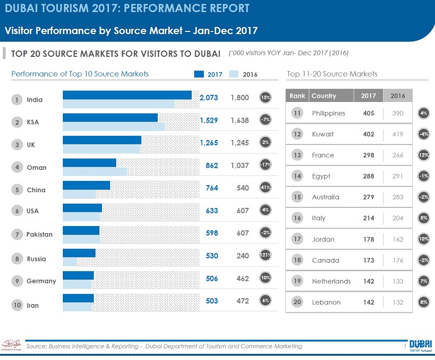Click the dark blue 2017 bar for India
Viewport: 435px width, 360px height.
(127, 95)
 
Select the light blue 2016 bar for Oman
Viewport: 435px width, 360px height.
(95, 171)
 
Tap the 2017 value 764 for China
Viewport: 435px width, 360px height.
(212, 188)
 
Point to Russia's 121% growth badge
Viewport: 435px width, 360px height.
(265, 256)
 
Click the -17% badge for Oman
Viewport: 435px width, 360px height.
(265, 165)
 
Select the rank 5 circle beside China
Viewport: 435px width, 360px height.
(17, 190)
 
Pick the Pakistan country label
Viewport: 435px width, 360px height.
(40, 234)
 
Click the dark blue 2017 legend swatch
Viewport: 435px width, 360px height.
(199, 75)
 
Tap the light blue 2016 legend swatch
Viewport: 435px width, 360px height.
(234, 75)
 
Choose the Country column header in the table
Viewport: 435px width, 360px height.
(324, 96)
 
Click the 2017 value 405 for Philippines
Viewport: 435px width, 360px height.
(369, 113)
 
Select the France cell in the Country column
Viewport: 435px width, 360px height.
(323, 155)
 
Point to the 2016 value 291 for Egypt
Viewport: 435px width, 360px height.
(397, 176)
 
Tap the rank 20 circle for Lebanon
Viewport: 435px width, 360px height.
(298, 302)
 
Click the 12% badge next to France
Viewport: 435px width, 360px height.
(424, 156)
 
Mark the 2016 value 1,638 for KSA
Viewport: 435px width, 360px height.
(239, 120)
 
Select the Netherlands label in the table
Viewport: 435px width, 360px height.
(331, 281)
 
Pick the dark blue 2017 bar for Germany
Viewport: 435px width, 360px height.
(78, 275)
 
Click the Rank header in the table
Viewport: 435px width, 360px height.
(297, 96)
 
